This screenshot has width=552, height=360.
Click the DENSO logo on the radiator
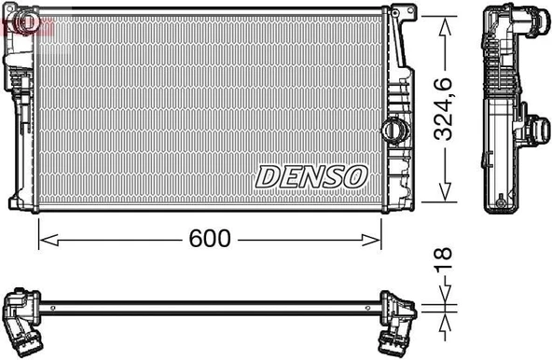tap(312, 175)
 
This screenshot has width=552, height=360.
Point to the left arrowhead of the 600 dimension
tap(43, 240)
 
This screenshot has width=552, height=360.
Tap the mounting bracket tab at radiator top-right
tap(405, 17)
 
